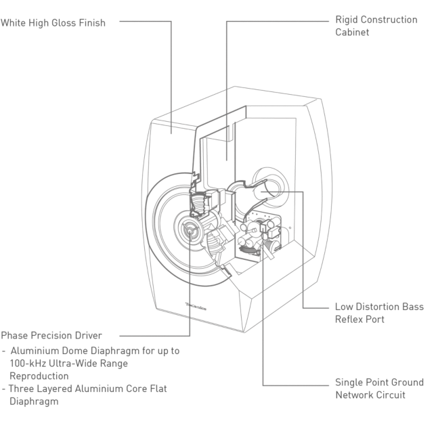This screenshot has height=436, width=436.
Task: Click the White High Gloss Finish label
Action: pos(53,23)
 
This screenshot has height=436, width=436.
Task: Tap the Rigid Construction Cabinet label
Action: pos(376,26)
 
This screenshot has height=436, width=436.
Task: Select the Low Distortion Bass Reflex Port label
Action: pos(379,313)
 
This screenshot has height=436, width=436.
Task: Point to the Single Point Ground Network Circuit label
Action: pos(379,389)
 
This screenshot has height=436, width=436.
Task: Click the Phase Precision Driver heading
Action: pos(51,335)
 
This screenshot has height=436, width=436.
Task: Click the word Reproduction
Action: pos(39,376)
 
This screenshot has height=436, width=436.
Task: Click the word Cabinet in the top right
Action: pos(352,32)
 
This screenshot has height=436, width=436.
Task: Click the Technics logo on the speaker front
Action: pos(196,306)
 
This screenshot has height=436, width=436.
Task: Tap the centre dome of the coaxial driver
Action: pos(190,230)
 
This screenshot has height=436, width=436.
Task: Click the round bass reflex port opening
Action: pos(271,187)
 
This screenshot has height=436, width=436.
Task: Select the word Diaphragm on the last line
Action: pos(34,401)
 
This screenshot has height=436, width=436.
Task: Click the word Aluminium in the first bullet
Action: pos(35,351)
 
